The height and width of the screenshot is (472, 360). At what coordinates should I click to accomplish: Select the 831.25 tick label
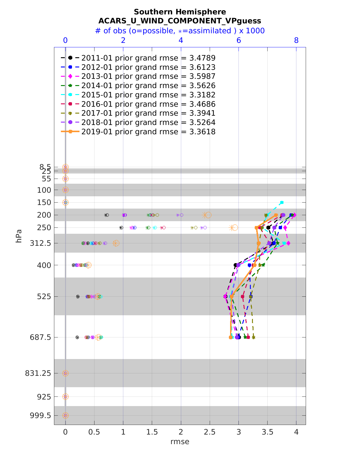coord(38,373)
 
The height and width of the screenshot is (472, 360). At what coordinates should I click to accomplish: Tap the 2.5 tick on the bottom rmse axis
coord(210,432)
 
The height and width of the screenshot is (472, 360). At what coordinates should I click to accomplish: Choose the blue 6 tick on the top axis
coord(238,40)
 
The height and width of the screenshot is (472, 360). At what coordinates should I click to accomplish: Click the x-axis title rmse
coord(180,442)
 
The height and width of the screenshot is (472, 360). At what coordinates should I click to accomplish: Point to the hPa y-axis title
coord(19,236)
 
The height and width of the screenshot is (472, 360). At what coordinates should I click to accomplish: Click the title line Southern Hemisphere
coord(180,12)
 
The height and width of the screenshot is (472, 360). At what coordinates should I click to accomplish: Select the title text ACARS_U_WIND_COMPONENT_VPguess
coord(180,21)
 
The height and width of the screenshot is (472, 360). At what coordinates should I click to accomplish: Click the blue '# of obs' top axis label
coord(180,31)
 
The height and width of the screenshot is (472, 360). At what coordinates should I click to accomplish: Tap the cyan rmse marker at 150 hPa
coord(282,203)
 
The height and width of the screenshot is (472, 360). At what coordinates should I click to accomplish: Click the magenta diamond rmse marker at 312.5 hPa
coord(288,243)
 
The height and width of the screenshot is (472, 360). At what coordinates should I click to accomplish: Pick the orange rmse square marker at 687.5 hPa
coord(231,337)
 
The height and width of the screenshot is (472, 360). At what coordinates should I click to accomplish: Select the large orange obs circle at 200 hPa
coord(208,215)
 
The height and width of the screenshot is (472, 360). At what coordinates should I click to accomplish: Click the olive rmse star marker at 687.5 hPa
coord(253,337)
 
